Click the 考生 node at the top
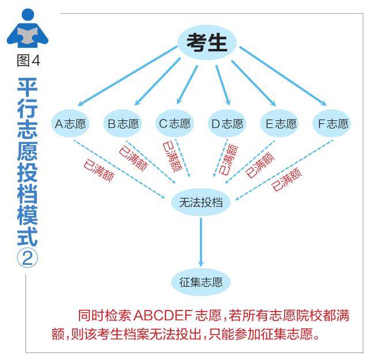[x=206, y=43]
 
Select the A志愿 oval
[x=70, y=123]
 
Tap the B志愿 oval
[x=123, y=123]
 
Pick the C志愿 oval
[x=175, y=123]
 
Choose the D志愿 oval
[x=227, y=123]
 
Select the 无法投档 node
[x=201, y=202]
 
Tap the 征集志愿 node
[x=201, y=282]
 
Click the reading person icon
[x=28, y=28]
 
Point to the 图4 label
[x=29, y=60]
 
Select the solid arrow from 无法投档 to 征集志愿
[x=201, y=242]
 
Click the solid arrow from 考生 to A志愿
[x=127, y=76]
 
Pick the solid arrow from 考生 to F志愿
[x=283, y=76]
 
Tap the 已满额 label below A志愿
[x=99, y=170]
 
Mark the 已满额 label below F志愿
[x=286, y=179]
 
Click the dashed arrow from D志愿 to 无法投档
[x=220, y=158]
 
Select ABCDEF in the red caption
[x=163, y=315]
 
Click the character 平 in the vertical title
[x=28, y=88]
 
